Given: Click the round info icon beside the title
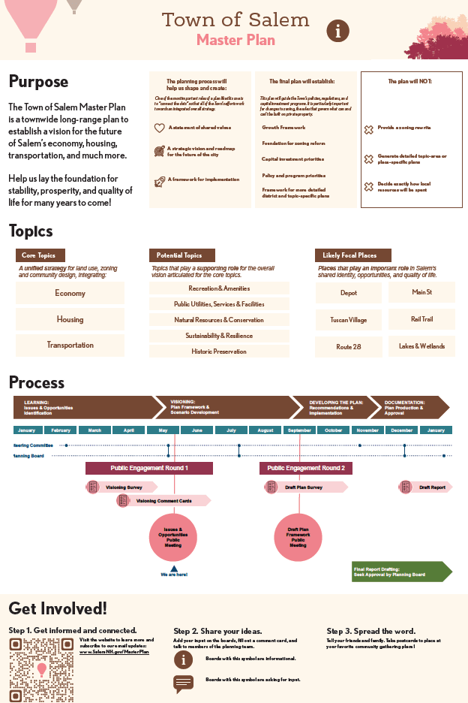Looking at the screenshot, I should point(338,31).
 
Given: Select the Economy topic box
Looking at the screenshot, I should point(70,293).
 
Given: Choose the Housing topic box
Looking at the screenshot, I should point(70,319).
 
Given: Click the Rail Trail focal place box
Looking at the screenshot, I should point(421,319).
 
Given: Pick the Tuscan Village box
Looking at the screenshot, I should point(349,320).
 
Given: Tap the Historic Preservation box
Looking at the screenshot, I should point(219,351).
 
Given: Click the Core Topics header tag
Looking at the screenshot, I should point(39,255).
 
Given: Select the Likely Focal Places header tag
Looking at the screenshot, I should point(349,255).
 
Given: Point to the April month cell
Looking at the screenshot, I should point(129,430).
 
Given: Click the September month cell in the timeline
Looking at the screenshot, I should point(299,430).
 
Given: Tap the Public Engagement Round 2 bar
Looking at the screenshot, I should point(306,468).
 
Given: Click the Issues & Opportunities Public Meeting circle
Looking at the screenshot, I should point(173,537).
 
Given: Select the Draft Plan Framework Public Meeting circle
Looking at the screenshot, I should point(298,537).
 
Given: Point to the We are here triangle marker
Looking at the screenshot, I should point(173,569).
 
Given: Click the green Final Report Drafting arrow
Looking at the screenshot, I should point(401,572).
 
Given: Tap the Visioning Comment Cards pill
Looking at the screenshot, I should point(163,501).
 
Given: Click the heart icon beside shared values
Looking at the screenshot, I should point(159,128).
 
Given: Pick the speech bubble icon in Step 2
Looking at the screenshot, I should point(184,683).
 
